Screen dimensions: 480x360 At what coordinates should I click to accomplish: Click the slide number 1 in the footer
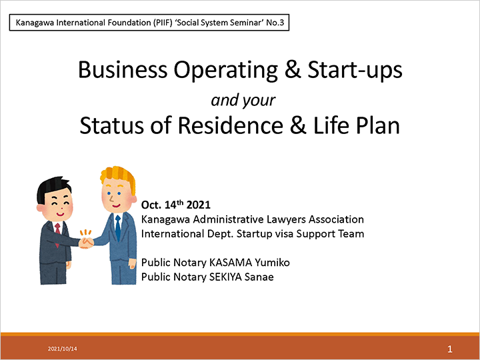450,349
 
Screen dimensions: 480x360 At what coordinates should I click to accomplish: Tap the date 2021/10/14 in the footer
63,349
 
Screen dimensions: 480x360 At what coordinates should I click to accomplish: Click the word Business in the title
123,70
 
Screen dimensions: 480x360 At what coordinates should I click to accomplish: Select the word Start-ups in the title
355,71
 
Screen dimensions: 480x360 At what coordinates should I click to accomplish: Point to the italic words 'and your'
243,100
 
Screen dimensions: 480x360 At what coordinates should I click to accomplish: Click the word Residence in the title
231,125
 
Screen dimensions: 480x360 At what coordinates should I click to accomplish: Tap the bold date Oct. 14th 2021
176,205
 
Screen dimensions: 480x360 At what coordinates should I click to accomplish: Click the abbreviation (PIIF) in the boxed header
163,23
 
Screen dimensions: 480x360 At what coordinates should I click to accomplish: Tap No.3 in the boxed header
275,23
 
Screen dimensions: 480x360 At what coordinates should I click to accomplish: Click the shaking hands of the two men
86,243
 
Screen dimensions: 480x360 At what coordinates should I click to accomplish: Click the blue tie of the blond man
118,227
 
